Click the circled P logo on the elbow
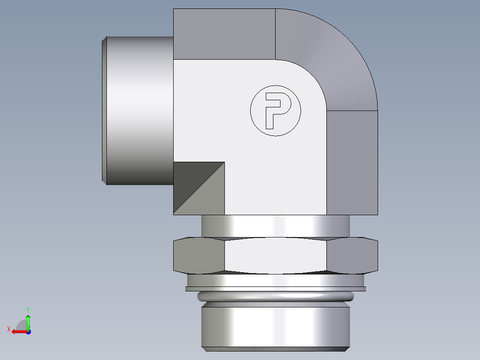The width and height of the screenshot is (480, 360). tap(276, 110)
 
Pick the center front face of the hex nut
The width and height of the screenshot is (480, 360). tap(276, 256)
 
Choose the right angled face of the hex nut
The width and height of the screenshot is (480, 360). tap(352, 256)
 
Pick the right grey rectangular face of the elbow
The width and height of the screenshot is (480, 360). tap(352, 163)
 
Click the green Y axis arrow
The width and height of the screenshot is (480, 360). tap(28, 321)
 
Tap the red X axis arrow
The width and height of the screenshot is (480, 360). tap(18, 331)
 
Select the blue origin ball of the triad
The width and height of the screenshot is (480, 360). tap(28, 331)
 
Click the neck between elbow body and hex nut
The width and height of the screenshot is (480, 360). tap(276, 226)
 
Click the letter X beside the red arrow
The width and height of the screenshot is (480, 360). tap(9, 329)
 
